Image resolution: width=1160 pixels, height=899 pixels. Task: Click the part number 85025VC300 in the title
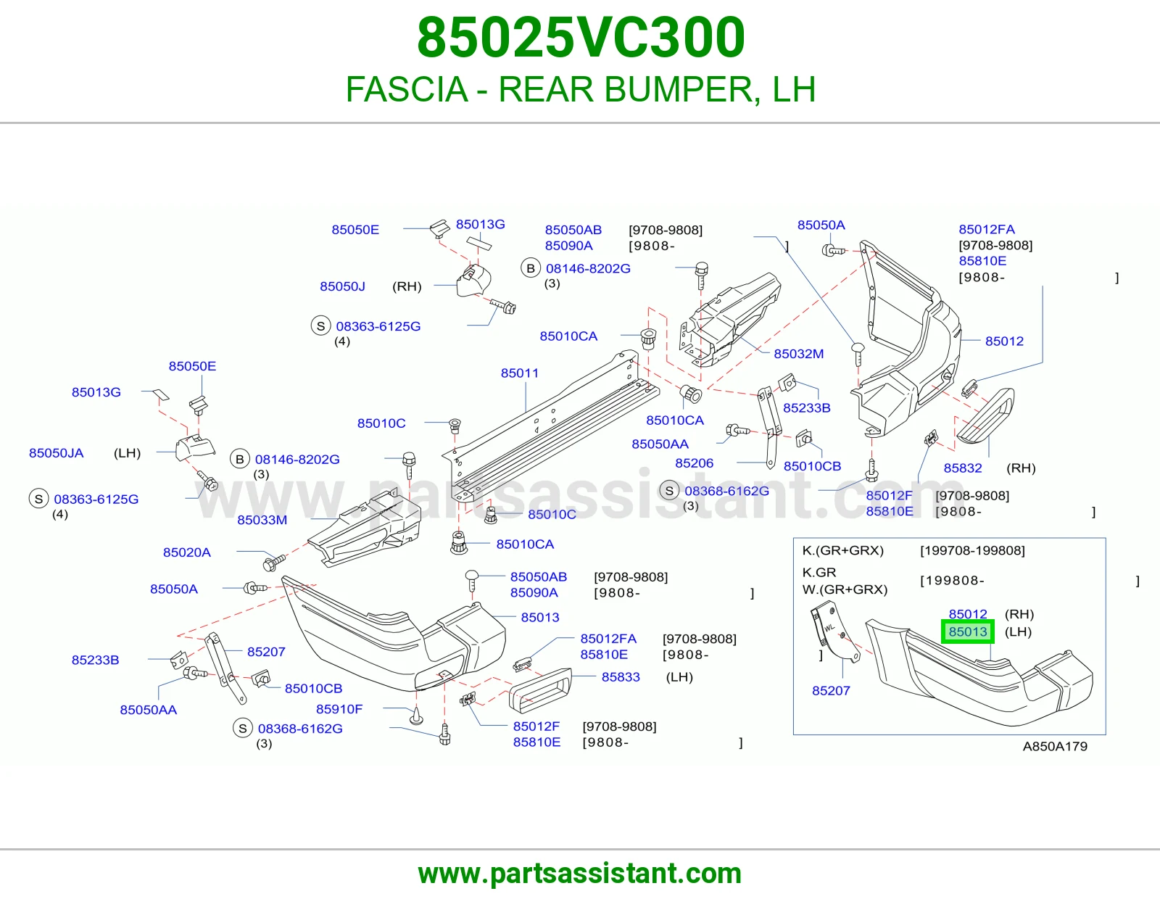coord(581,38)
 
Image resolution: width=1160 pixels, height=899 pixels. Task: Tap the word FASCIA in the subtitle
coord(407,89)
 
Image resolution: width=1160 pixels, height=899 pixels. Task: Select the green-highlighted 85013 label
coord(967,631)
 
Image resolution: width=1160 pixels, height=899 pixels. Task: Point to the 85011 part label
coord(519,373)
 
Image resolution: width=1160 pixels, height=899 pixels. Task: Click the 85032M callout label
coord(799,353)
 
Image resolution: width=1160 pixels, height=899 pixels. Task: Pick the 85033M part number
coord(262,519)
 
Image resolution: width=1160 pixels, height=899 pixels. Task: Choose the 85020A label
coord(187,552)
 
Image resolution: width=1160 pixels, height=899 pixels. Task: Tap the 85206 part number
coord(694,463)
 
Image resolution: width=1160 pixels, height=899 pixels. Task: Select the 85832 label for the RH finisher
coord(963,468)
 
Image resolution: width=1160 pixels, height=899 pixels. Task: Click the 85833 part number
coord(621,677)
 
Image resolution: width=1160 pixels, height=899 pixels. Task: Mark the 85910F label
coord(339,709)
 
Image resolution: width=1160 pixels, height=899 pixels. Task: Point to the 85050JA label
coord(56,452)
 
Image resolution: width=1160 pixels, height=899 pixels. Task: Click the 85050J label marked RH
coord(342,286)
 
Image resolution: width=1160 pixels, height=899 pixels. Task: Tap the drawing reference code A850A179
coord(1055,746)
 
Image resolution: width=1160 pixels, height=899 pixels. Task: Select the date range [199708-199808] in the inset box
coord(972,550)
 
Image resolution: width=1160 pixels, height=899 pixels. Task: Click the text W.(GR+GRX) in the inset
coord(845,589)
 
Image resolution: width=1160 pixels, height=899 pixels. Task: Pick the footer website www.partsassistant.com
coord(580,874)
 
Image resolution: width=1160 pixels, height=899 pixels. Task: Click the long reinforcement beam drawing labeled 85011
coord(550,427)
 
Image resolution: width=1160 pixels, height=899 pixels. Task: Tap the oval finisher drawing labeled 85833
coord(539,690)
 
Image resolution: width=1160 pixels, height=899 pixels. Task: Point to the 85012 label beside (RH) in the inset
coord(967,614)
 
